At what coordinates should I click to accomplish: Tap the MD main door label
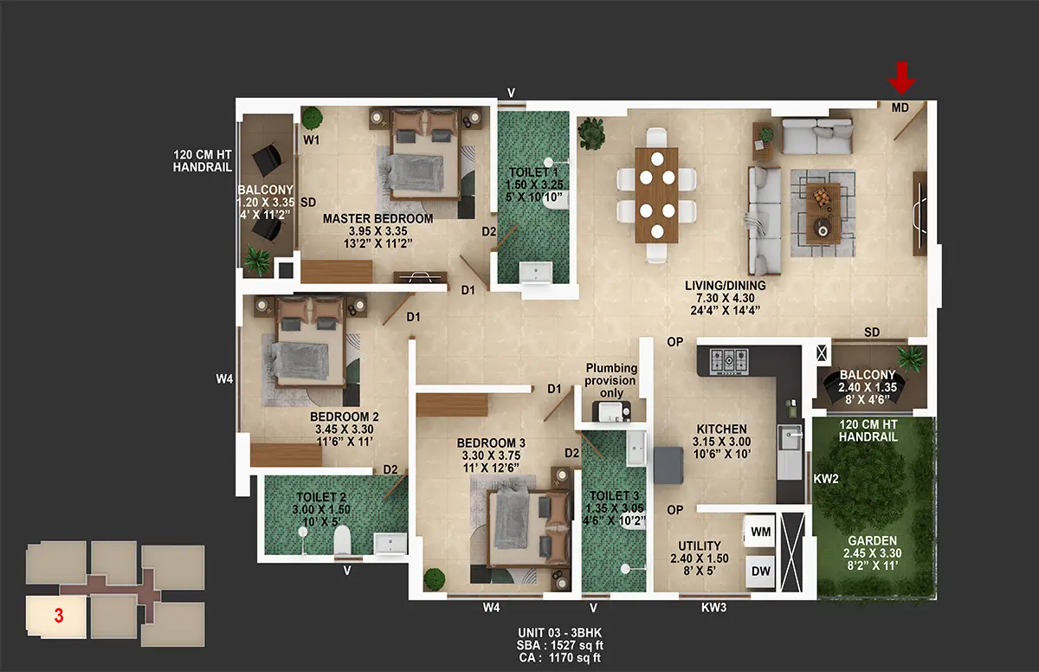point(900,107)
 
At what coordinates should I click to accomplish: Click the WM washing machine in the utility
point(760,532)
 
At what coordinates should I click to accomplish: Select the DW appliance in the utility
point(760,572)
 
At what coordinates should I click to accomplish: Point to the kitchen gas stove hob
point(729,361)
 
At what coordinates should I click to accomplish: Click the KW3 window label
point(713,608)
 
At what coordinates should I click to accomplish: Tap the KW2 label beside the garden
point(826,479)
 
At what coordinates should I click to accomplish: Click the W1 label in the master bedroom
point(311,139)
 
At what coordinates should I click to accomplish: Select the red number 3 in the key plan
point(59,616)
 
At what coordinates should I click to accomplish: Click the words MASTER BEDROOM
point(378,218)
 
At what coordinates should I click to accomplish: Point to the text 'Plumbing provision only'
point(610,380)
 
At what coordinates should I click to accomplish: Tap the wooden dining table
point(657,195)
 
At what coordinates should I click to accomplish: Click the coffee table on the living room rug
point(823,214)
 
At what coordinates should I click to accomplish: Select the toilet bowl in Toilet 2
point(342,540)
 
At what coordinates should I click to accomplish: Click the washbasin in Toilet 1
point(536,273)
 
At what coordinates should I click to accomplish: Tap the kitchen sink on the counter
point(789,439)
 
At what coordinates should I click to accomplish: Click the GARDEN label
point(872,540)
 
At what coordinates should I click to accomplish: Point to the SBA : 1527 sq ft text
point(560,645)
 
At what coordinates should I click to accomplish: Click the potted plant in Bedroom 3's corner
point(434,579)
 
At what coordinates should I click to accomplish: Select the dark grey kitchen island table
point(668,465)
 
